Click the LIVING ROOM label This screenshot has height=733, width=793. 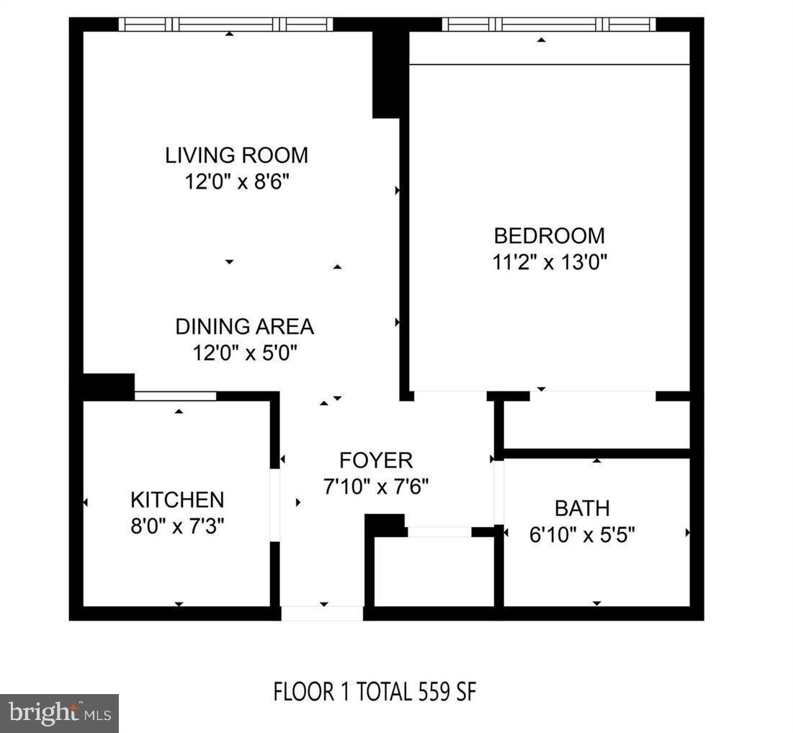pos(236,155)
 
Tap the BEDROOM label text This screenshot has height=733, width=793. pos(549,235)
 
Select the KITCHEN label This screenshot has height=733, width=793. pos(177,499)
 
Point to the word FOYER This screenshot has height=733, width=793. pos(376,460)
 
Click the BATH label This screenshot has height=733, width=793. pos(582,508)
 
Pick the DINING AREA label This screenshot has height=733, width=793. pos(244,326)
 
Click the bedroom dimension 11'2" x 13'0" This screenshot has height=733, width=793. pos(550,261)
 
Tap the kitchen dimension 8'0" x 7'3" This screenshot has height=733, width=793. pos(177,525)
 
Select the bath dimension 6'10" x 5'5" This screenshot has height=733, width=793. pos(582,535)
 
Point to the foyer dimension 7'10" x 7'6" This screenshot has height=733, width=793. pos(376,487)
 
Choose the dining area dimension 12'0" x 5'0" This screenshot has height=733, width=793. pos(244,353)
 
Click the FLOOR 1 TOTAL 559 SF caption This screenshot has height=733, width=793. pos(375,692)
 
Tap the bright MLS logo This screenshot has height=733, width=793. pos(59,714)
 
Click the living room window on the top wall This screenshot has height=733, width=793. pos(225,24)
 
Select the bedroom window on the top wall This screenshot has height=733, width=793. pos(549,24)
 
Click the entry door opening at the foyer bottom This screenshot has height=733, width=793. pos(321,613)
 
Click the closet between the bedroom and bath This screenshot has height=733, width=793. pos(596,425)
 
